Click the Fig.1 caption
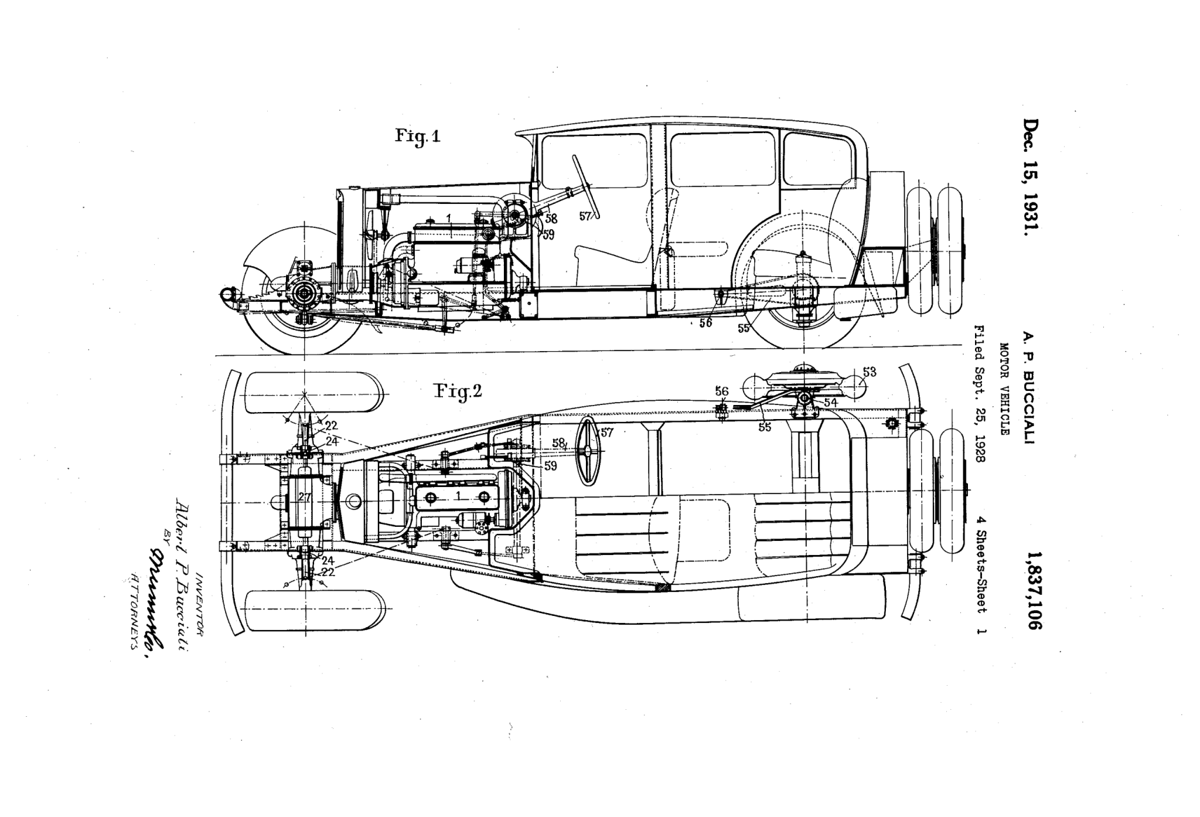point(417,136)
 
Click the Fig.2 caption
point(458,391)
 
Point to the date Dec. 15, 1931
point(1032,178)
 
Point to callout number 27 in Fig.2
point(304,498)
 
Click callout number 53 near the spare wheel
point(869,372)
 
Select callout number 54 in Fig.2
point(830,402)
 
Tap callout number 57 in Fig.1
point(585,216)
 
